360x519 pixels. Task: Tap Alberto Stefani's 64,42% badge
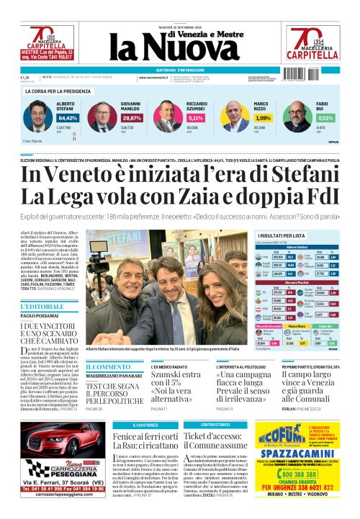(x=68, y=117)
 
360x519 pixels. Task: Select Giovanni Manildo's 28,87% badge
(x=132, y=117)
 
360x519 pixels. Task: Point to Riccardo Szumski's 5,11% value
(x=196, y=117)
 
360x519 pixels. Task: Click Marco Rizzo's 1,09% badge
(x=263, y=117)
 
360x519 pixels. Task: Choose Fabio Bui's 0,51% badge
(x=325, y=117)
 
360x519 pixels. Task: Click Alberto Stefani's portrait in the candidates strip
(x=37, y=115)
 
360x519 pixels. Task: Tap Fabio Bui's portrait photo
(x=297, y=115)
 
